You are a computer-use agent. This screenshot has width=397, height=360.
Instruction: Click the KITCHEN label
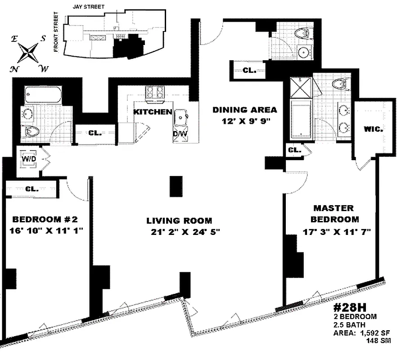click(153, 112)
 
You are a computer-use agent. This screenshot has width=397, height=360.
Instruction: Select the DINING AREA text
click(244, 109)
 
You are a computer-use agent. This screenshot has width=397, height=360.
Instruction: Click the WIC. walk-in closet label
click(373, 129)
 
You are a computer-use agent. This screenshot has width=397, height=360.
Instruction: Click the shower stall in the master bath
click(301, 88)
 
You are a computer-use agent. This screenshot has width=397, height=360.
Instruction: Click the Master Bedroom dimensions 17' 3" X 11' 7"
click(336, 232)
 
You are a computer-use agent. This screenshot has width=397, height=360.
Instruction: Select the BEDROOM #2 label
click(45, 220)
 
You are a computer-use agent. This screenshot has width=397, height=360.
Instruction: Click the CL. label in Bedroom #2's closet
click(32, 189)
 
